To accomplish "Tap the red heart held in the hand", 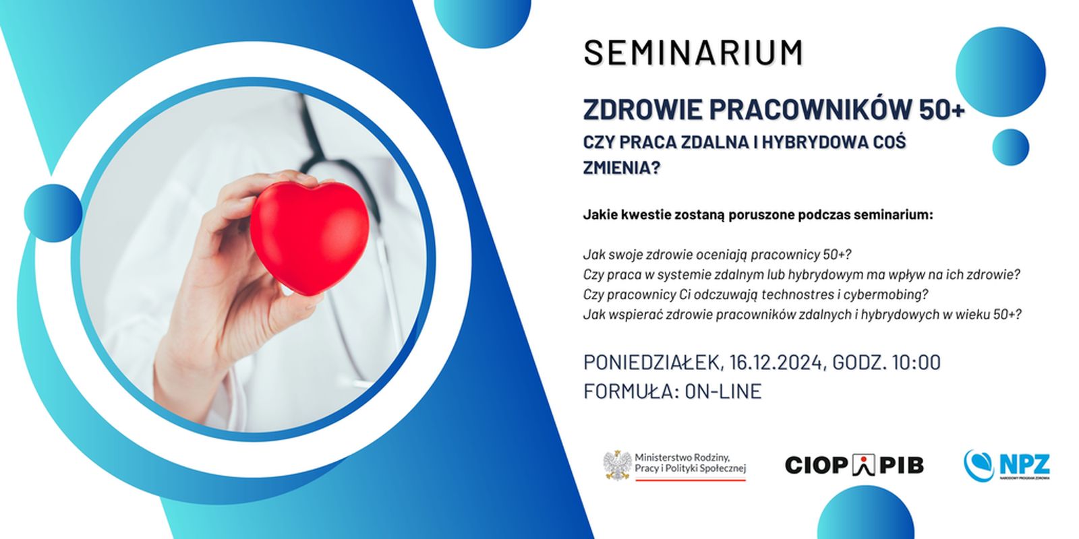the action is click(x=310, y=236).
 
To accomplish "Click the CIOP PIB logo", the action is click(x=854, y=465).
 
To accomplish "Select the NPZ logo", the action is click(x=1007, y=466).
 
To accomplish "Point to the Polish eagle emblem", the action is click(x=617, y=465).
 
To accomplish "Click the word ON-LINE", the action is click(x=723, y=391).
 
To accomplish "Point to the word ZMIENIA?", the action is click(x=621, y=168).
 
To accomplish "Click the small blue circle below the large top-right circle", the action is click(x=1011, y=148).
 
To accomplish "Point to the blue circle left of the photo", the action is click(x=53, y=213).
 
